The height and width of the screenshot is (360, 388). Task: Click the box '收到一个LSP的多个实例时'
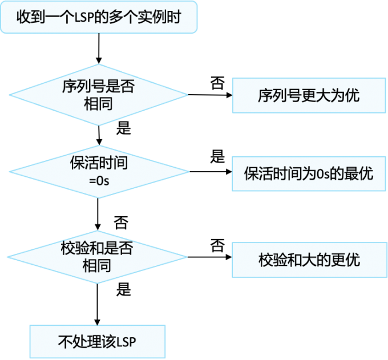click(x=99, y=17)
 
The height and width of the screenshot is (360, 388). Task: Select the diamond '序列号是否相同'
click(x=98, y=95)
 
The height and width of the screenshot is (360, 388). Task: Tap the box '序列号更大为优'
click(x=309, y=95)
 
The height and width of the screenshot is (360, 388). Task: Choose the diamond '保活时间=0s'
click(x=98, y=171)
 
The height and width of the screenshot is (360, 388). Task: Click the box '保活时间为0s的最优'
click(x=309, y=173)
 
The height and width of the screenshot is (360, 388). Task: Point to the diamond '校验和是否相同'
click(x=98, y=256)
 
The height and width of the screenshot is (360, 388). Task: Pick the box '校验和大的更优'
click(x=309, y=260)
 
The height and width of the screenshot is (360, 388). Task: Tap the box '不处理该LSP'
click(x=98, y=342)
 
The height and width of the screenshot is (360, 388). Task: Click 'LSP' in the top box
click(x=84, y=18)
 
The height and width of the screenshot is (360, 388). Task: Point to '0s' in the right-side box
click(x=324, y=173)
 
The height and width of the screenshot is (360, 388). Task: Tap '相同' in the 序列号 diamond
click(x=98, y=104)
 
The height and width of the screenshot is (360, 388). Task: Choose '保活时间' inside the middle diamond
click(x=99, y=163)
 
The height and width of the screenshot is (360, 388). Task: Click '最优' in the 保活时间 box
click(x=361, y=173)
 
